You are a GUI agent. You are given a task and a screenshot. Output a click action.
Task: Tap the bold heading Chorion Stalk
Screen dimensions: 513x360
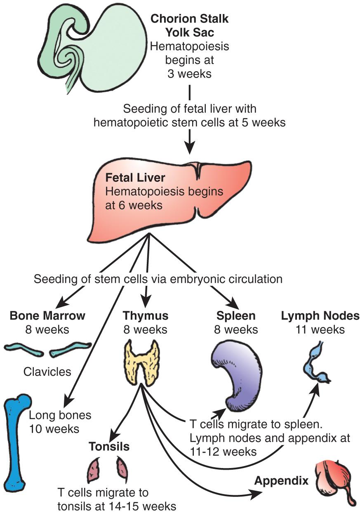[x=190, y=19]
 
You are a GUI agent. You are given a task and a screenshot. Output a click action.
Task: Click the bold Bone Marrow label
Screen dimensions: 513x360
[x=47, y=316]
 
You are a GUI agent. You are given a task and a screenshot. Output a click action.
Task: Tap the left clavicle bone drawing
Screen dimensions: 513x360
[x=24, y=350]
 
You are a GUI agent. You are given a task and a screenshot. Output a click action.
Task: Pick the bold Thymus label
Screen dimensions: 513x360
[x=146, y=316]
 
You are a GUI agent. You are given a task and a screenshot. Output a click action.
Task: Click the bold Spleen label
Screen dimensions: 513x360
[x=236, y=316]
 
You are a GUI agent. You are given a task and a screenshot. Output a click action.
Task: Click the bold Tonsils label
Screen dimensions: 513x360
[x=109, y=447]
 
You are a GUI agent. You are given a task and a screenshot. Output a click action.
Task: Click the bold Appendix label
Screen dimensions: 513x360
[x=281, y=481]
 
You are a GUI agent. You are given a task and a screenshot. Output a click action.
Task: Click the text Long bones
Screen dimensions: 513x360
[x=60, y=415]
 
